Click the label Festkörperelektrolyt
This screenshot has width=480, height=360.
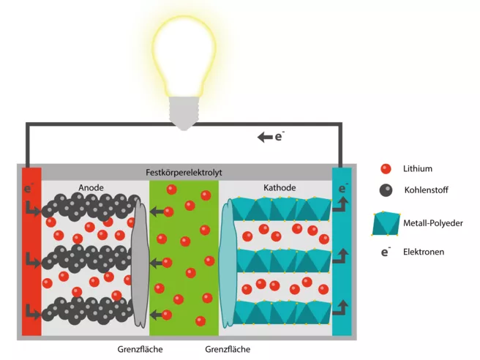tap(184, 173)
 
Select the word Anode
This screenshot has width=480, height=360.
tap(91, 187)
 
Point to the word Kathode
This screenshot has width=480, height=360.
tap(280, 187)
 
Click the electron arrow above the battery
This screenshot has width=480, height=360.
tap(265, 137)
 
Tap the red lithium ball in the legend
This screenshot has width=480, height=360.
tap(386, 169)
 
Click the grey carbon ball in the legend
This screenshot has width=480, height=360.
tap(386, 190)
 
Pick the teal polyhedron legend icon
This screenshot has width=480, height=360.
tap(386, 223)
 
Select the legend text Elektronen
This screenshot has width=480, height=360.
tap(424, 252)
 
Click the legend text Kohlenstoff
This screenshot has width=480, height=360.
tap(426, 190)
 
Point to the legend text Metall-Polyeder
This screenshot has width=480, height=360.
tap(433, 223)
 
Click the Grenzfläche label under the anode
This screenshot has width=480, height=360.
tap(140, 349)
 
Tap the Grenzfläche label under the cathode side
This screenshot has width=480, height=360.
tap(228, 349)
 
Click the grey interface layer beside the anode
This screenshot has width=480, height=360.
tap(140, 263)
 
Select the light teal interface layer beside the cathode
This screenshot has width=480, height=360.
tap(227, 263)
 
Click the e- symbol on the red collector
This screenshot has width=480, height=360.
tap(28, 188)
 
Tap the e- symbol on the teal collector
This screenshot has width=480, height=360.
tap(343, 188)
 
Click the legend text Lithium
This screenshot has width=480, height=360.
tap(418, 169)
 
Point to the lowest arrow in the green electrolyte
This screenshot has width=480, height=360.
tap(156, 315)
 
